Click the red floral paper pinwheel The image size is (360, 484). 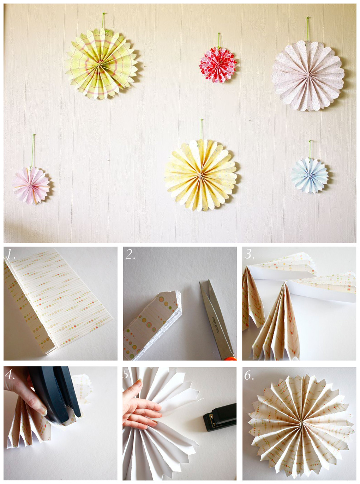218,65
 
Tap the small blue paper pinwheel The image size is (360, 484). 310,175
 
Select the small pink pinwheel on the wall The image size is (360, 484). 31,186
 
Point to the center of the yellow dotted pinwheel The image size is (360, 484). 200,175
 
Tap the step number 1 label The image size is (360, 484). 11,254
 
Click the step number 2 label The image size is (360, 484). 130,254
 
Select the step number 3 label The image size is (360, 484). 249,254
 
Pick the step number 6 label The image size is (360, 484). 249,375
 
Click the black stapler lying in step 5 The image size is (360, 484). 220,417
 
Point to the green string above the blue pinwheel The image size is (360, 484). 310,149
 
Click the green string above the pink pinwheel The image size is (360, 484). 33,151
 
